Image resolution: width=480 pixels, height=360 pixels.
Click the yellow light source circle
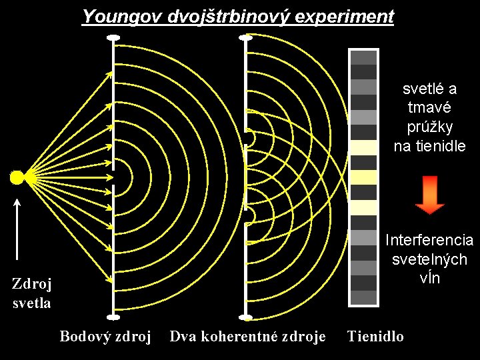[18, 177]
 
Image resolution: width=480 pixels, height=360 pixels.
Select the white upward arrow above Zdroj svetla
[17, 227]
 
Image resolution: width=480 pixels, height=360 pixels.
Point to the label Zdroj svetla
[32, 293]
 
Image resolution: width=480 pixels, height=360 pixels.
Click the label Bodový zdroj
[106, 336]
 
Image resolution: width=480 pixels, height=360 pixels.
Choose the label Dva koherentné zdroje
[247, 336]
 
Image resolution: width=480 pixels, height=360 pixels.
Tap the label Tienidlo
[375, 336]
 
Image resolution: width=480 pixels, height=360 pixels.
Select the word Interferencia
[429, 240]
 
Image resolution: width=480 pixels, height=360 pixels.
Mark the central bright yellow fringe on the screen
[364, 177]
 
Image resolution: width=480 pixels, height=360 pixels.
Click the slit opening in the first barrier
[113, 177]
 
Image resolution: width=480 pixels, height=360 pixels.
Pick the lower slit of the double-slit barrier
[247, 214]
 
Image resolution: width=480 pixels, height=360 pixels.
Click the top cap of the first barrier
[113, 38]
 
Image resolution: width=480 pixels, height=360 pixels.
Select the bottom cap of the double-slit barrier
[246, 317]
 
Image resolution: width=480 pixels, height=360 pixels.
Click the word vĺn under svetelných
[430, 279]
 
